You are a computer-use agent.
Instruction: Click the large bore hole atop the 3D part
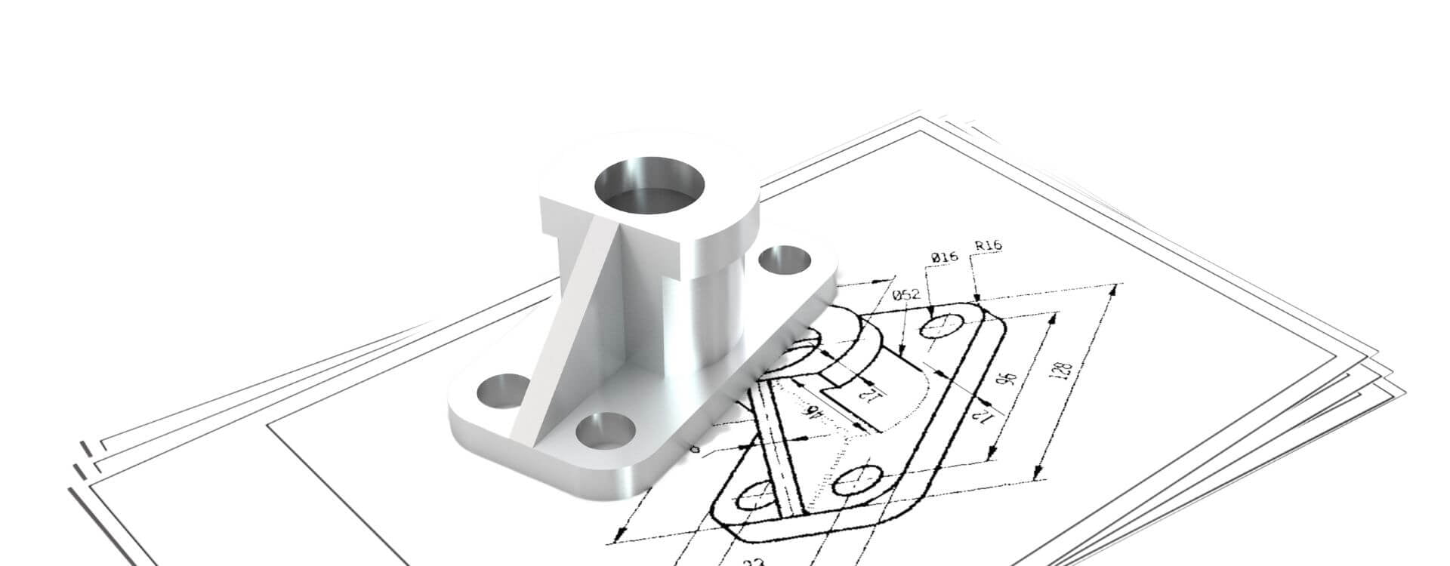649,185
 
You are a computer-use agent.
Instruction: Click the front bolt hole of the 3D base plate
604,432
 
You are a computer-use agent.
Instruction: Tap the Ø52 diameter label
905,295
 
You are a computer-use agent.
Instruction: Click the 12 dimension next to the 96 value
983,414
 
